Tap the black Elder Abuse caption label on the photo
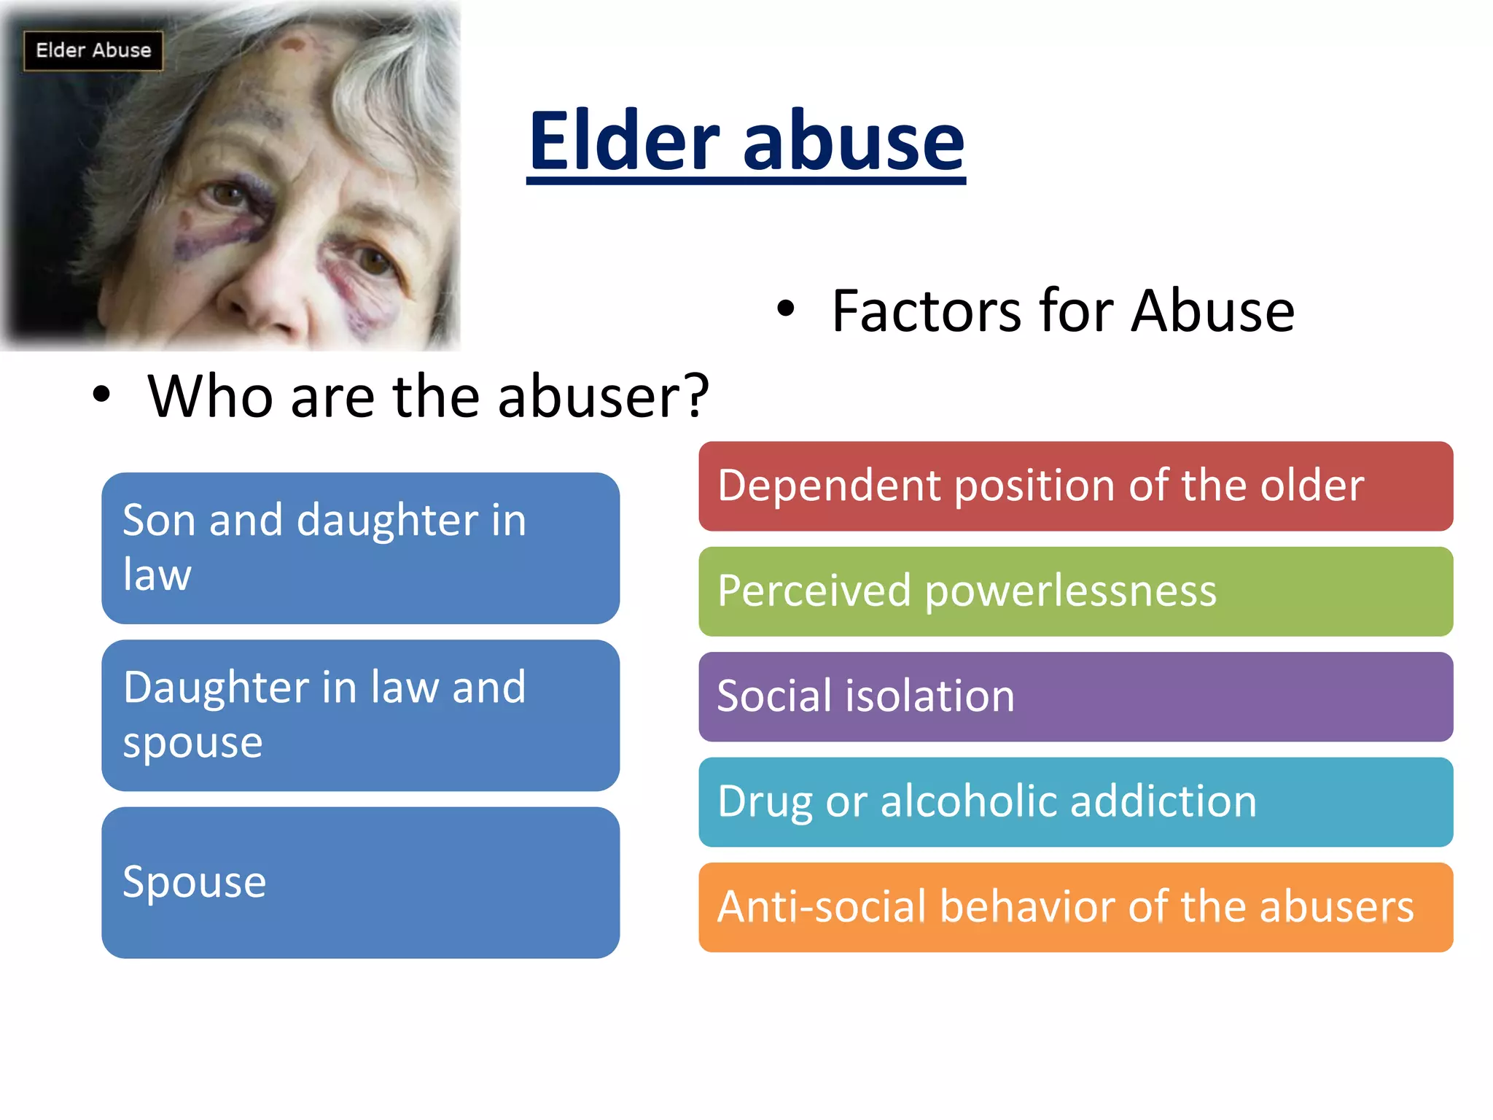(x=93, y=50)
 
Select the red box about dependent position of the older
(x=1075, y=486)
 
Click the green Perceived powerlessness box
(x=1075, y=591)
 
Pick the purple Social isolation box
(x=1075, y=696)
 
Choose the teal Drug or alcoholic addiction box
(x=1075, y=802)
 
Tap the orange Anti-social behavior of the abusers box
(x=1075, y=907)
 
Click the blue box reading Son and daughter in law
(x=360, y=548)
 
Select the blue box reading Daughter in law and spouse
(x=360, y=715)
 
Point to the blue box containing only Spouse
(x=360, y=882)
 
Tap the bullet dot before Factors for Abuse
(x=785, y=309)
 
